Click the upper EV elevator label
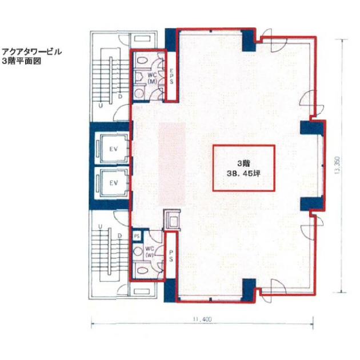pos(113,149)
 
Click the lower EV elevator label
pos(113,183)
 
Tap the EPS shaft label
pos(171,76)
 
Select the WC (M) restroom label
pos(152,78)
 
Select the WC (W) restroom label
pos(150,251)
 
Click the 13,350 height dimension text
pos(337,165)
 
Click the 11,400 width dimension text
pos(202,319)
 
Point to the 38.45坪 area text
pos(243,173)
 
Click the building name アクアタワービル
pos(31,51)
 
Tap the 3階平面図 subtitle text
pos(21,61)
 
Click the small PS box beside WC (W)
pos(137,236)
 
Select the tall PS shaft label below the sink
pos(171,256)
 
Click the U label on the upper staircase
pos(101,106)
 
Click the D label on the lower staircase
pos(119,236)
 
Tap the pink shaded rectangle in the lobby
pos(172,163)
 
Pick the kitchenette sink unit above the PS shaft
pos(173,220)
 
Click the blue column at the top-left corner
pos(170,39)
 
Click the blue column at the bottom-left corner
pos(170,290)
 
